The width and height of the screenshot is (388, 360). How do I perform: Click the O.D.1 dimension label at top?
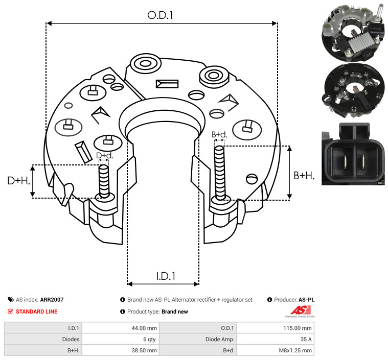coord(160,15)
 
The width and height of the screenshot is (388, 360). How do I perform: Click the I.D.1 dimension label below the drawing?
coord(166,276)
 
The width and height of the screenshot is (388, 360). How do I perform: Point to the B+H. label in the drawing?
coord(304,176)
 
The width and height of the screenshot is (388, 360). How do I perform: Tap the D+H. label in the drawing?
coord(18,181)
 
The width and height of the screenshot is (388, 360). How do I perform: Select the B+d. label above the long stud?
coord(219,134)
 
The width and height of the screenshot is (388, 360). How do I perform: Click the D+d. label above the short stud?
coord(104,156)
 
